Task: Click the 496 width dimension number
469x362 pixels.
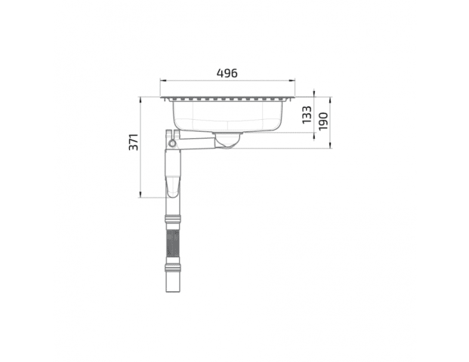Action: (x=227, y=73)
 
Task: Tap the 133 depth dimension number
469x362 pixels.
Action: (x=307, y=115)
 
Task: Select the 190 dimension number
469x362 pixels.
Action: (x=323, y=121)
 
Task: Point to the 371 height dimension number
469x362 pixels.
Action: (x=134, y=142)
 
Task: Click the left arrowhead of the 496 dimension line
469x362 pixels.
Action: (x=162, y=80)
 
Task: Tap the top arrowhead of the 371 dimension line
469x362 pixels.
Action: (x=140, y=100)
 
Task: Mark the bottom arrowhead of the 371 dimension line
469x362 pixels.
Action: (x=140, y=195)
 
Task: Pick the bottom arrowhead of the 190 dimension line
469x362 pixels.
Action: (x=330, y=145)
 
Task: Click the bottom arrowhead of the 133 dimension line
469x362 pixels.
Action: (x=313, y=135)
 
